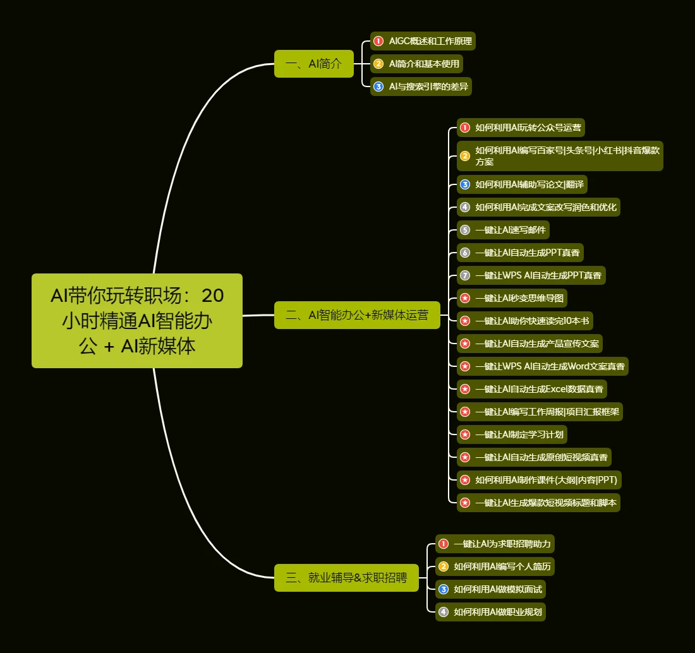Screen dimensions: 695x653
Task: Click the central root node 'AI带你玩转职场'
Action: click(137, 321)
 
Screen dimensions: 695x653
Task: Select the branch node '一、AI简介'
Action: click(314, 64)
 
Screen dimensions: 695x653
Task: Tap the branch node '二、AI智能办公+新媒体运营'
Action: click(357, 315)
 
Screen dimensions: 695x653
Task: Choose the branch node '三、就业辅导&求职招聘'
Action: click(347, 578)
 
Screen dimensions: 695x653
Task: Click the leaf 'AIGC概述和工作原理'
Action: click(423, 41)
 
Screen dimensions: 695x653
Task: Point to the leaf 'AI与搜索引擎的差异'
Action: click(421, 87)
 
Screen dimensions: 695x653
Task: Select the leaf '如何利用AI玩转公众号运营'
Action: click(521, 128)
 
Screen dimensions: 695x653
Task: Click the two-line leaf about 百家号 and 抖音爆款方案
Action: click(560, 156)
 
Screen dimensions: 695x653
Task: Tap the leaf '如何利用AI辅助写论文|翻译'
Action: click(522, 184)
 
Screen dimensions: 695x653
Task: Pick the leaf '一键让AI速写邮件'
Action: click(503, 230)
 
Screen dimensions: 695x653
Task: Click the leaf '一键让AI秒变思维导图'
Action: click(512, 298)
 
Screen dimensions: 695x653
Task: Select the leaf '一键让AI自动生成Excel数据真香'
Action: click(532, 389)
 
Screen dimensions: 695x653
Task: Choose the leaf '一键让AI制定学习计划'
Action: click(512, 434)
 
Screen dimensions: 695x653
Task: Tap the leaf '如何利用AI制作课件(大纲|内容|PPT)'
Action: click(539, 480)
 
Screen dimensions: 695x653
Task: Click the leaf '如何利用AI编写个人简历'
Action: click(495, 566)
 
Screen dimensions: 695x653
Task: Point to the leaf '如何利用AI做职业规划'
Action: click(490, 612)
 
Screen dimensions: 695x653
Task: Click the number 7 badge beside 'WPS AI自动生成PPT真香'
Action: click(465, 275)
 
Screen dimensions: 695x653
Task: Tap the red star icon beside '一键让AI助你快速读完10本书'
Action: click(465, 321)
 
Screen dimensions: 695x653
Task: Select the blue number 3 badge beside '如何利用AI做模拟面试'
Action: click(444, 589)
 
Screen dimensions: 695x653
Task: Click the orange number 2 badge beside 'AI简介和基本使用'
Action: click(378, 64)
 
